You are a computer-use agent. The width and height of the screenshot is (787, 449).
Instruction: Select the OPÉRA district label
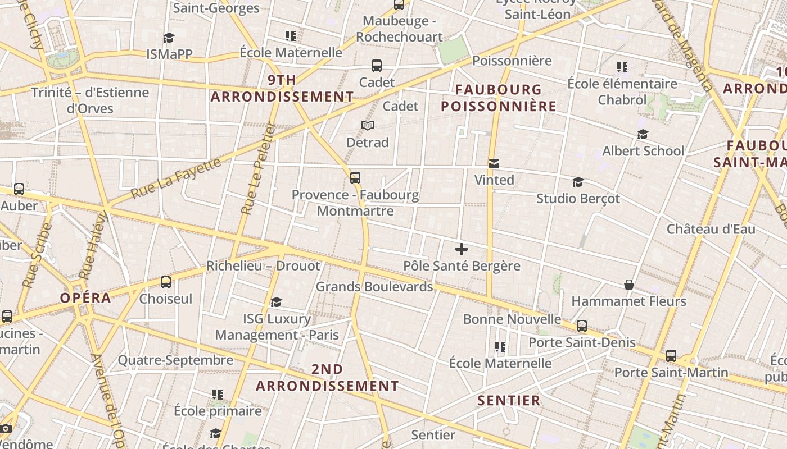(x=86, y=298)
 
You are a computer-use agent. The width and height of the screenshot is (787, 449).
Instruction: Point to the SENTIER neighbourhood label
(x=509, y=400)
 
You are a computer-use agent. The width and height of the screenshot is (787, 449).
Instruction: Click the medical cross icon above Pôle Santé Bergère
(x=462, y=249)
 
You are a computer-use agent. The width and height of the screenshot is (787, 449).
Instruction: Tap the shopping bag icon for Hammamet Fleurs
(x=629, y=285)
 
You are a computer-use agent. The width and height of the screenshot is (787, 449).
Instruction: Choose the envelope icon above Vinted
(x=494, y=164)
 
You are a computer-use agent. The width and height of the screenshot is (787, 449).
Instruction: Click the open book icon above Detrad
(x=368, y=125)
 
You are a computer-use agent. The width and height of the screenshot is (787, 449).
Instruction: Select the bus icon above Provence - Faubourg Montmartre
(x=355, y=178)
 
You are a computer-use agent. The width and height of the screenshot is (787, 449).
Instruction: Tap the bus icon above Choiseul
(x=166, y=282)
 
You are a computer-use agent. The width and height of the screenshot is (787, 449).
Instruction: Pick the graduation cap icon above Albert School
(x=643, y=135)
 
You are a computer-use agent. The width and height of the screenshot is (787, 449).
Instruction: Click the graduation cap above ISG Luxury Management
(x=276, y=303)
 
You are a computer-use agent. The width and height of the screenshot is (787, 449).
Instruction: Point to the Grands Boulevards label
(x=374, y=287)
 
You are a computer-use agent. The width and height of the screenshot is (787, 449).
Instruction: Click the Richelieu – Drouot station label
(x=263, y=265)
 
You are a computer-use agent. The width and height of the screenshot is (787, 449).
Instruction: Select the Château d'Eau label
(x=711, y=229)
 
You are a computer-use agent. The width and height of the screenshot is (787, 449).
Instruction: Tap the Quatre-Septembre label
(x=175, y=360)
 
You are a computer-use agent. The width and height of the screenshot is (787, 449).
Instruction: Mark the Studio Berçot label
(x=578, y=198)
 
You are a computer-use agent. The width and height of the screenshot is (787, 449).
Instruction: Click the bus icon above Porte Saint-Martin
(x=671, y=356)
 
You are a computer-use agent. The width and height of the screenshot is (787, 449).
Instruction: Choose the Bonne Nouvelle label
(x=512, y=319)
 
